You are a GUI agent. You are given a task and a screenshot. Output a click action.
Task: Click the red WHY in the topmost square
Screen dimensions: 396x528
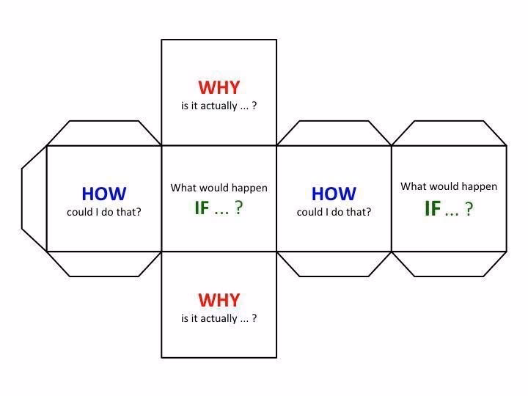coord(219,87)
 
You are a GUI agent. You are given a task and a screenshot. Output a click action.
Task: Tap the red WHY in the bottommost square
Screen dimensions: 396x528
coord(219,300)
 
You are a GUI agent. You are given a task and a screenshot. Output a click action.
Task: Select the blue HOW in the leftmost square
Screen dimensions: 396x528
coord(103,194)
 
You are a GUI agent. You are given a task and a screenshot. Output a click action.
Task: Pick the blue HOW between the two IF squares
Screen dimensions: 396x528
coord(334,194)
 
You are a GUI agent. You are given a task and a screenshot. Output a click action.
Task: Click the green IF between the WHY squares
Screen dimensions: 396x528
coord(202,208)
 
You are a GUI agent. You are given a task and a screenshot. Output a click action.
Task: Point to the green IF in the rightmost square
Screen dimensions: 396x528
coord(433,209)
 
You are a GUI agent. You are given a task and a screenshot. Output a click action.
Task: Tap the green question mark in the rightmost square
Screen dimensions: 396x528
coord(469,210)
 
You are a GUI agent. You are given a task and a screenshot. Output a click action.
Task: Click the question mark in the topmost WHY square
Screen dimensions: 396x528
coord(254,106)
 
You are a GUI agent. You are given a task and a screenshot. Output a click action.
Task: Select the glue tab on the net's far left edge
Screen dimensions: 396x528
coord(34,198)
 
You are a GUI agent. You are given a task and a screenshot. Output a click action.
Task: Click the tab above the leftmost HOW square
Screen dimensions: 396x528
coord(103,133)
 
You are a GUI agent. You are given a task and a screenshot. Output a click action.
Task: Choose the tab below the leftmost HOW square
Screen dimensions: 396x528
coord(103,263)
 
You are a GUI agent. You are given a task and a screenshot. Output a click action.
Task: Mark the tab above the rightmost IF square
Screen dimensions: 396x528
coord(449,133)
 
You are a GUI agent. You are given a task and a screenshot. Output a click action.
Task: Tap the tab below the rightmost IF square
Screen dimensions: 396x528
coord(449,263)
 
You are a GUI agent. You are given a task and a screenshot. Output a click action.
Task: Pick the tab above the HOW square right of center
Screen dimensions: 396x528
coord(334,133)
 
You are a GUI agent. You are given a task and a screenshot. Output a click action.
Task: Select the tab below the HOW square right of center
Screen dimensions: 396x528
coord(334,263)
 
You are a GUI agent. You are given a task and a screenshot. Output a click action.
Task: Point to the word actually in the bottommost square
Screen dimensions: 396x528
coord(219,318)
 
